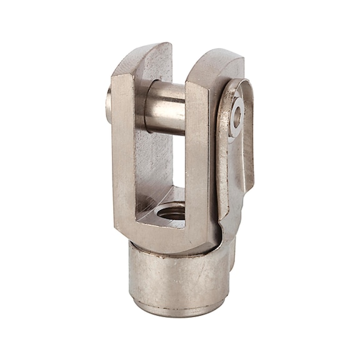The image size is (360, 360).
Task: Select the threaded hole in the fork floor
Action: pos(172,212)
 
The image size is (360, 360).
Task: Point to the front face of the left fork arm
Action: pos(123,156)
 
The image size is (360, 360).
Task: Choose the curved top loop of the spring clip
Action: pos(241,87)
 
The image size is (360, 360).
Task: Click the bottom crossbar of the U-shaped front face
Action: pos(162,237)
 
